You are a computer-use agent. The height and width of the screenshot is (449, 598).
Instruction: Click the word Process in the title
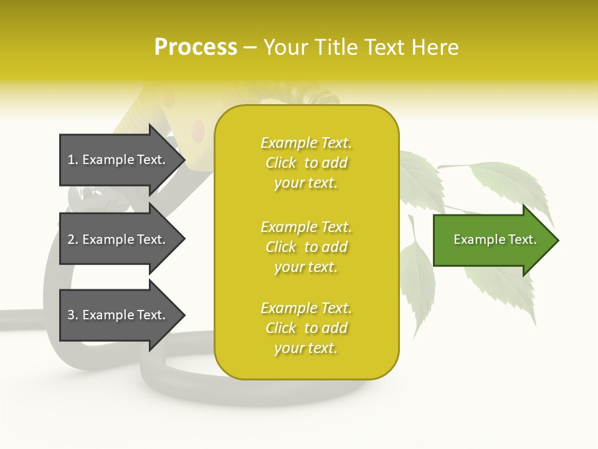click(196, 47)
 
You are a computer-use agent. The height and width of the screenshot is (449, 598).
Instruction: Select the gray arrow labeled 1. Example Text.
click(118, 160)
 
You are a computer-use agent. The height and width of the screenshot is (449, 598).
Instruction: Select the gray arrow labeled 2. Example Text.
click(118, 239)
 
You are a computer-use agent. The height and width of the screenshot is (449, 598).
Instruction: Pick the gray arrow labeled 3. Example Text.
click(118, 315)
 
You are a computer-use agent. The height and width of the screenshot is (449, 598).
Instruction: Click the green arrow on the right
click(492, 239)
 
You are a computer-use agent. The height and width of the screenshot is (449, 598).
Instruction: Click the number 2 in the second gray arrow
click(71, 240)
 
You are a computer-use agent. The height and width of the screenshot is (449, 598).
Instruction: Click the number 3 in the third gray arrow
click(71, 316)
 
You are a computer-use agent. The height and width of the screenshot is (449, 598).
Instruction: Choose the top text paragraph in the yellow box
click(306, 163)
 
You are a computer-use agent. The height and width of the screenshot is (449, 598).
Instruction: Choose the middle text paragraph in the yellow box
click(306, 247)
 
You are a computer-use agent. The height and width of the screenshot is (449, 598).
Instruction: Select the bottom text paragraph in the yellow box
click(306, 328)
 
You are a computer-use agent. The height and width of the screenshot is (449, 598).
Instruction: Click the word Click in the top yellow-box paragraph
click(281, 163)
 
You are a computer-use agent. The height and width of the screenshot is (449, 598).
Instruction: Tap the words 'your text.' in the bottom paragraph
click(306, 348)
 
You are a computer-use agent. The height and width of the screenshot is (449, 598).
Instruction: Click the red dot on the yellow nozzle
click(198, 130)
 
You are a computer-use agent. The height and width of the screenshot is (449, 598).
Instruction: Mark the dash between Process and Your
click(250, 48)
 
